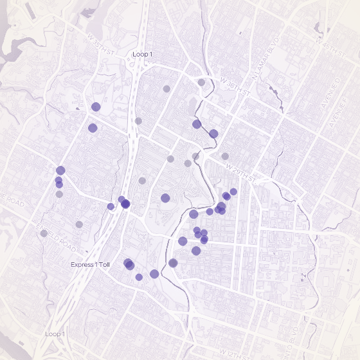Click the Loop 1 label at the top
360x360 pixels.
point(142,55)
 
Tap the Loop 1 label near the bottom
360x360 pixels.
point(55,334)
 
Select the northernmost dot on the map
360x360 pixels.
point(201,82)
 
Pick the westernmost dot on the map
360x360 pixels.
point(44,233)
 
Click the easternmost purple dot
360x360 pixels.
point(233,192)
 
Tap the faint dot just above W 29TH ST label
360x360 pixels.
point(225,156)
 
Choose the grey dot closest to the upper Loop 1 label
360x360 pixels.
point(166,89)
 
